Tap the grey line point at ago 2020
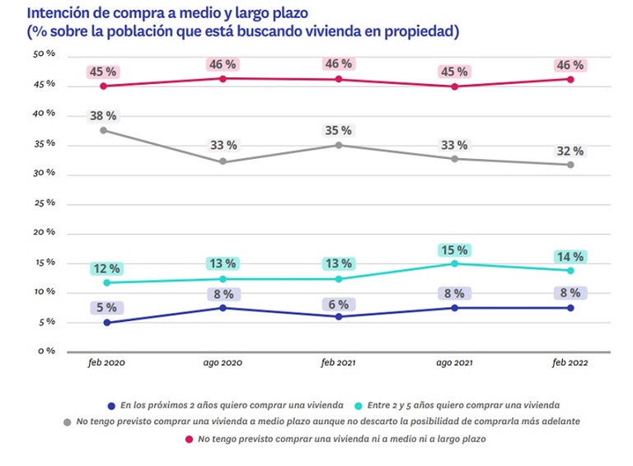pos(223,161)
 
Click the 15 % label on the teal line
pos(453,249)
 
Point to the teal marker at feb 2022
pos(570,270)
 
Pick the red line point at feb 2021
pos(338,79)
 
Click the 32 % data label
pos(570,151)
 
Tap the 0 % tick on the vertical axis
pos(46,352)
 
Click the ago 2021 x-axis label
pos(453,363)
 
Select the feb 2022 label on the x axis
pos(570,363)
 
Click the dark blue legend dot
pos(111,404)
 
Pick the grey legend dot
pos(67,421)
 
